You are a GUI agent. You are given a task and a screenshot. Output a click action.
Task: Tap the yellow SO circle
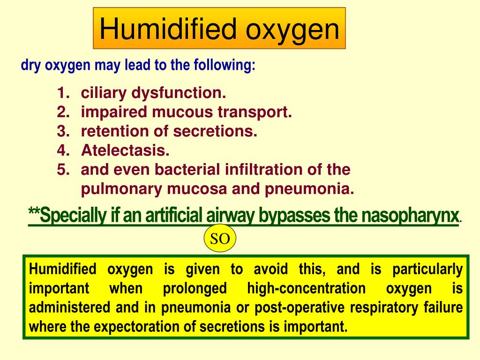point(220,239)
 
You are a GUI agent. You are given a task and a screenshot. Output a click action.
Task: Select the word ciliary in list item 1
point(104,93)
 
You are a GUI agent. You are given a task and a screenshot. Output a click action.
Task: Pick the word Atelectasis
point(125,151)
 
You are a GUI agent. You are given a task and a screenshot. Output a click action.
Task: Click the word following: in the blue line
point(227,65)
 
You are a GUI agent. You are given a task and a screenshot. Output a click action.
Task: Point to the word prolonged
point(195,288)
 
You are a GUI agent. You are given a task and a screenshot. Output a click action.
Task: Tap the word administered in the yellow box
point(67,307)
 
